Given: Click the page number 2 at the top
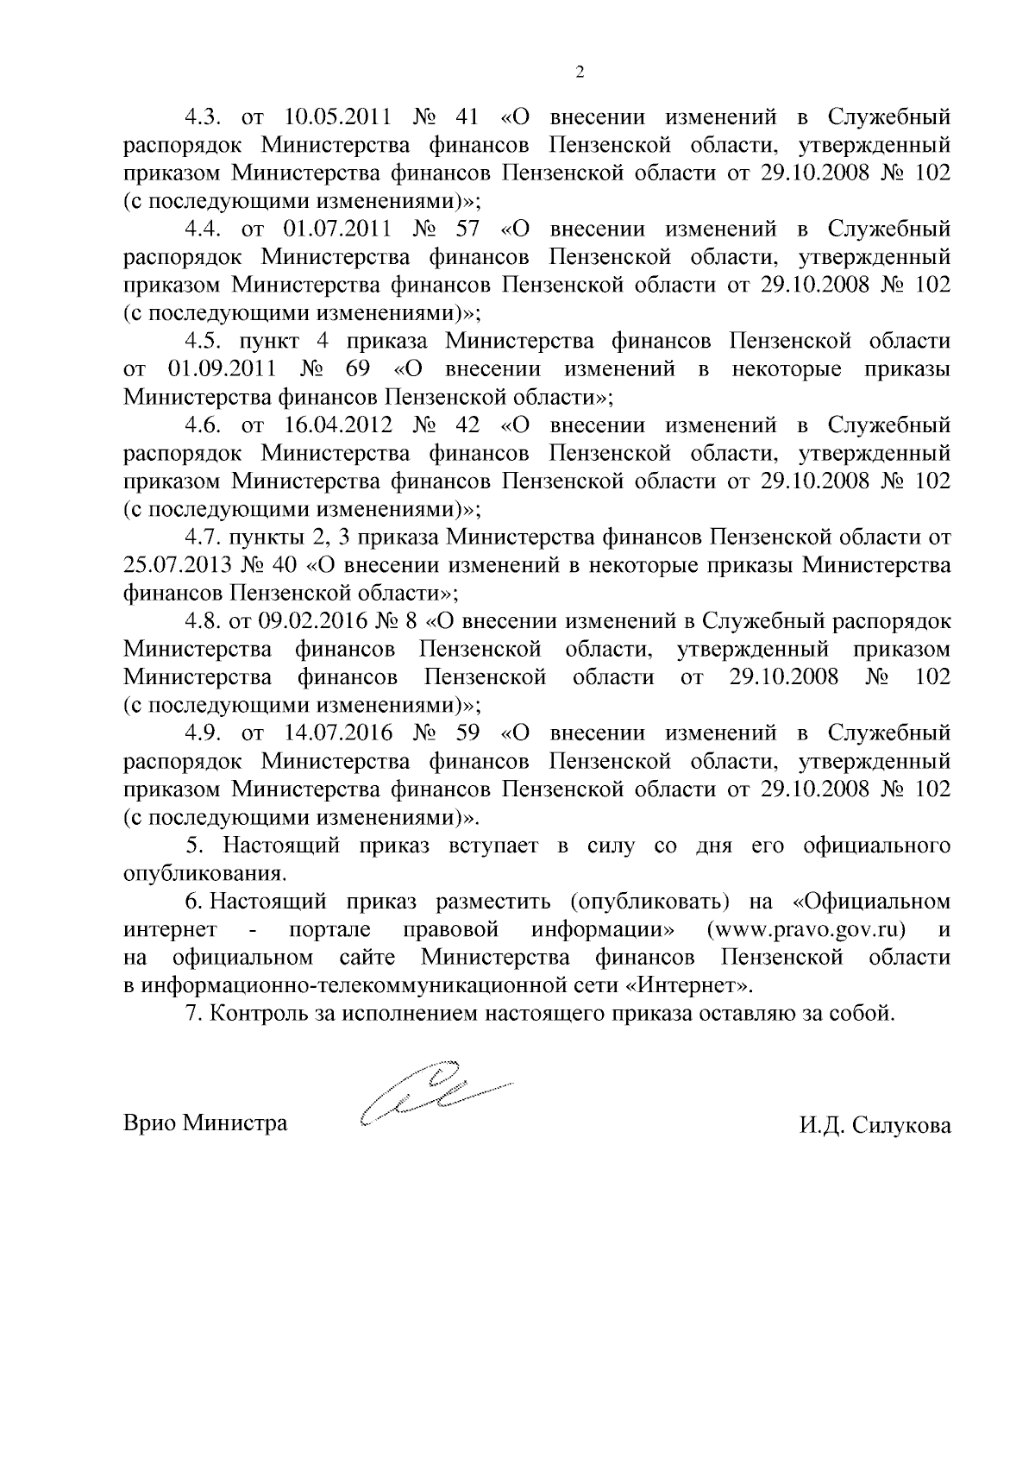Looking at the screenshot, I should [x=580, y=72].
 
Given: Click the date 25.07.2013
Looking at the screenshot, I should [x=177, y=566].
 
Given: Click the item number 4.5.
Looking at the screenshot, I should [x=203, y=342].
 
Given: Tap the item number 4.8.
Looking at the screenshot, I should [x=203, y=621].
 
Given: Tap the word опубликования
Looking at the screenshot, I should [x=204, y=873].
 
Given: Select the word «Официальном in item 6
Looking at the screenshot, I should [x=870, y=902].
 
